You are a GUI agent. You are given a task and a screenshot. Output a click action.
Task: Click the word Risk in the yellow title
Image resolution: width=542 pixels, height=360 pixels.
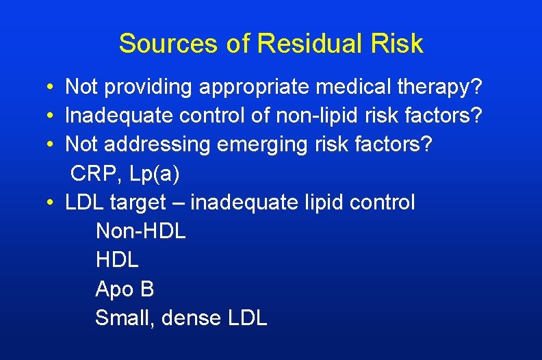397,44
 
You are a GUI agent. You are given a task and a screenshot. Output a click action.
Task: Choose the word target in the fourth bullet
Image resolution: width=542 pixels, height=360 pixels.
142,203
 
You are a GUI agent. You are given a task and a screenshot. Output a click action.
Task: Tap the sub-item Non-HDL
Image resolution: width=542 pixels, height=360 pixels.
140,231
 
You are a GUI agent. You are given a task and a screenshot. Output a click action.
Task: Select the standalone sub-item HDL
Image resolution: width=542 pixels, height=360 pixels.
117,260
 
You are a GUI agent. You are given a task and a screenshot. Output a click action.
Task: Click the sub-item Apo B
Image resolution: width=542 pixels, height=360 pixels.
125,289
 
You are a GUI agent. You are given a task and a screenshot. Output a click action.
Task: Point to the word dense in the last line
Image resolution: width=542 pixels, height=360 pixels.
191,318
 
